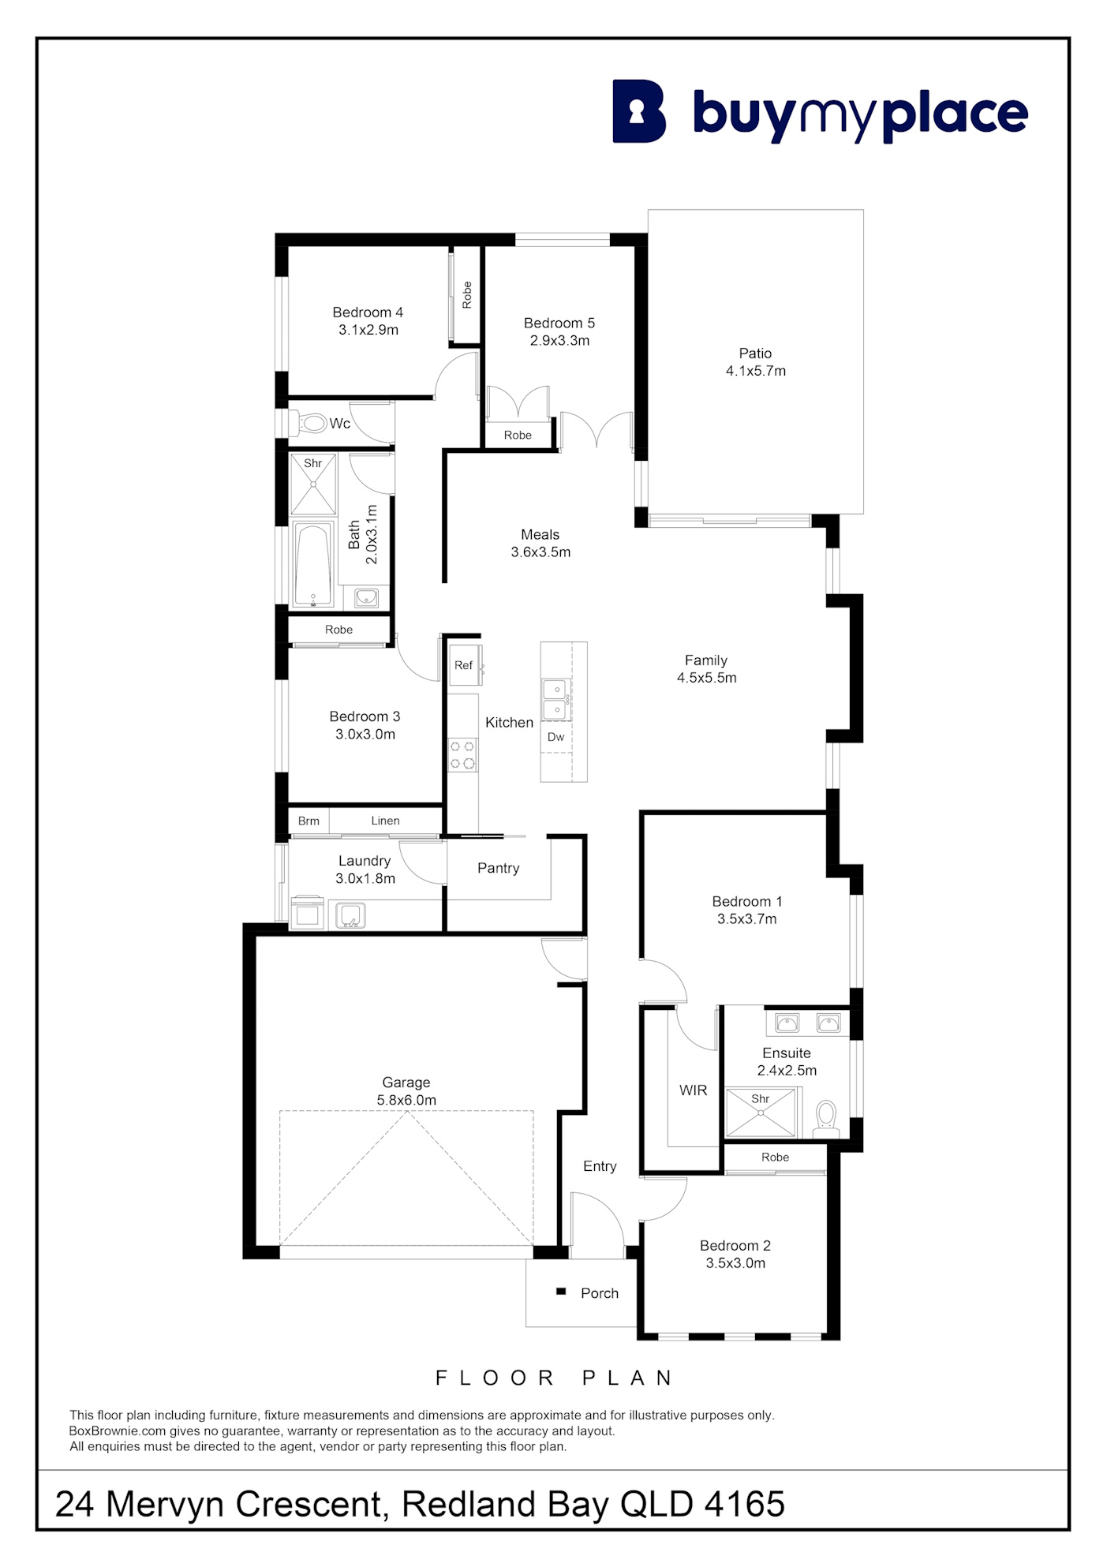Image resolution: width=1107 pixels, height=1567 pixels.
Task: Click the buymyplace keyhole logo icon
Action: (x=639, y=111)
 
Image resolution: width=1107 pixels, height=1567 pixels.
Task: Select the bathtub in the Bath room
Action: (x=313, y=564)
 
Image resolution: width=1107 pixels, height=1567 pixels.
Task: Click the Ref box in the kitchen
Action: (x=464, y=665)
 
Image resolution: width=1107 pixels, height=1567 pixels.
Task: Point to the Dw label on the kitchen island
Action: (x=555, y=737)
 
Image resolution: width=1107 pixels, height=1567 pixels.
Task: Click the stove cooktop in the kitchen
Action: (x=462, y=754)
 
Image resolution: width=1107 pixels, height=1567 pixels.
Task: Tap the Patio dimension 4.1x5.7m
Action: (x=756, y=371)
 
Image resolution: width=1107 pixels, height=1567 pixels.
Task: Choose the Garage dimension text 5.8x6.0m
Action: (x=406, y=1100)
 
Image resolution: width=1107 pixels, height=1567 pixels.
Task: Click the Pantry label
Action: (x=498, y=868)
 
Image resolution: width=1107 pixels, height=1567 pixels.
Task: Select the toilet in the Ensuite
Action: (x=826, y=1119)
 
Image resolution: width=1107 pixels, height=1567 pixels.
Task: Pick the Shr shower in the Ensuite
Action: (x=761, y=1113)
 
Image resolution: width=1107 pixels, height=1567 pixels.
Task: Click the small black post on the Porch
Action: (x=561, y=1292)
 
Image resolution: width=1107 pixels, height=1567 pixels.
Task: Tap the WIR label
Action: (x=693, y=1090)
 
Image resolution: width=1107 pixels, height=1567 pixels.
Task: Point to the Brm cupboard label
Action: (x=309, y=821)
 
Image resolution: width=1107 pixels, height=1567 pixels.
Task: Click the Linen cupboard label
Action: (x=385, y=821)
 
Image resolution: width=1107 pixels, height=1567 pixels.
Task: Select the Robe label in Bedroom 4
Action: (x=467, y=295)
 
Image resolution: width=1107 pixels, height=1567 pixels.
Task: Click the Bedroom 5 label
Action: (x=559, y=323)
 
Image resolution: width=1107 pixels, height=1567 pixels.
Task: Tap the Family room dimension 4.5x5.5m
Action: (x=707, y=678)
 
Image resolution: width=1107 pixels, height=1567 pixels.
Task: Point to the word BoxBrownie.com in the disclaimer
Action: (x=118, y=1430)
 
